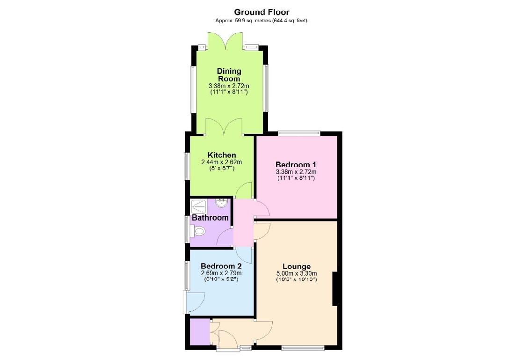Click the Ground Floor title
(x=262, y=12)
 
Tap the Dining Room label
(x=229, y=75)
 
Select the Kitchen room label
(x=222, y=155)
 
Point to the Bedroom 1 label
(x=296, y=164)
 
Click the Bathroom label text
(x=211, y=218)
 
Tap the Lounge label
(x=297, y=266)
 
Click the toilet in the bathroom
(x=198, y=231)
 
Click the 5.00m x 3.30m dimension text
(x=297, y=273)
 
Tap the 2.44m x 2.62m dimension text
(x=222, y=162)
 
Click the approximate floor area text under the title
(x=262, y=21)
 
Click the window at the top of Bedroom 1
(x=299, y=133)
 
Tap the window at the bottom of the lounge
(x=303, y=348)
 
